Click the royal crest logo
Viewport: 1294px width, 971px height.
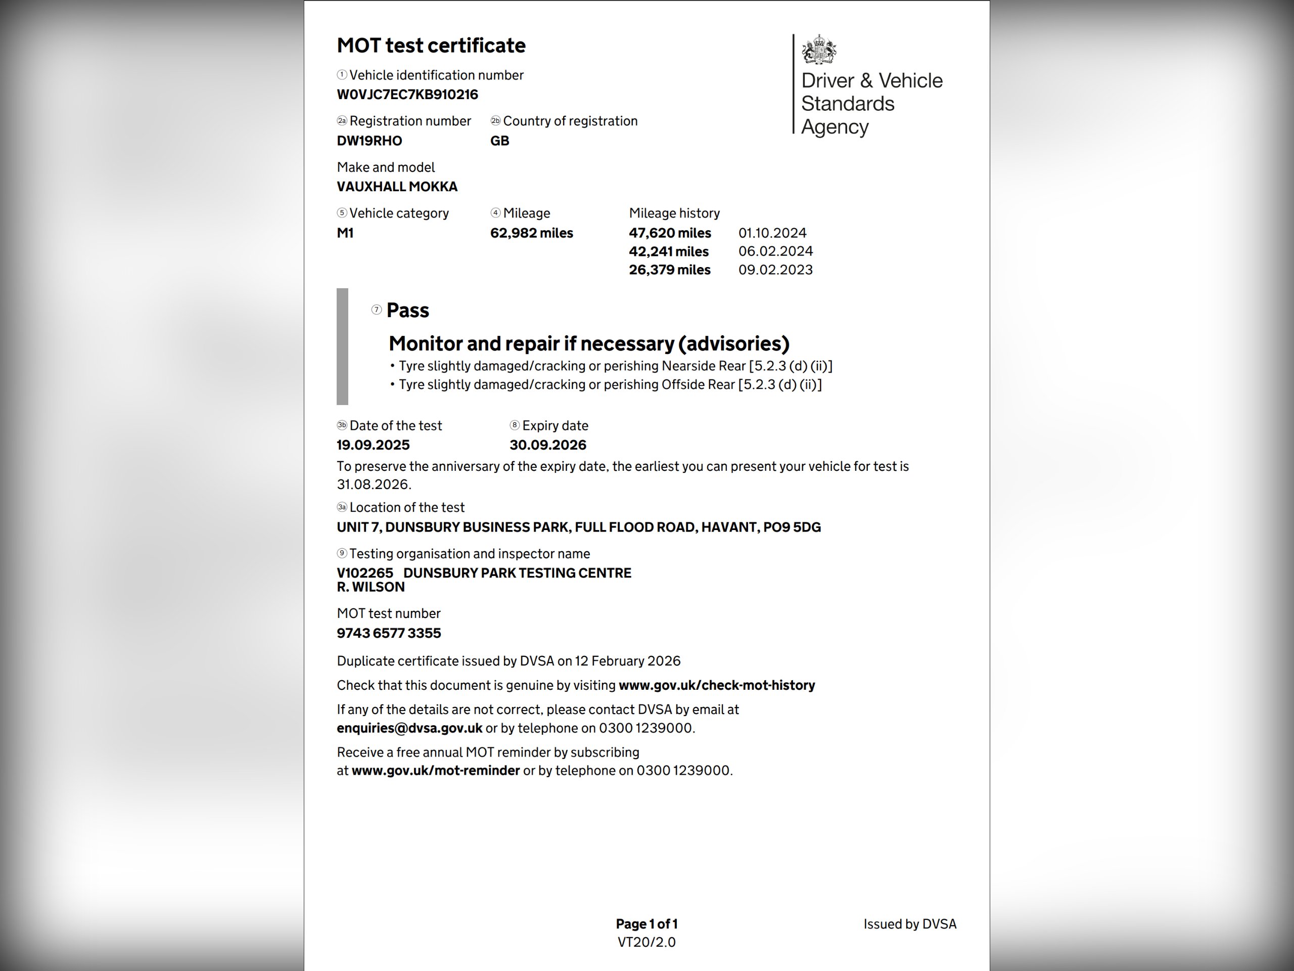[x=818, y=49]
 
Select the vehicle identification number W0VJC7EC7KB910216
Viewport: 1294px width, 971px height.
[x=407, y=95]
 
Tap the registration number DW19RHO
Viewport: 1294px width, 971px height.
[x=369, y=141]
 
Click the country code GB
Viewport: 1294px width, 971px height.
[x=499, y=141]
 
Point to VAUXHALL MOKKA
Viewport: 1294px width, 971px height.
[x=397, y=187]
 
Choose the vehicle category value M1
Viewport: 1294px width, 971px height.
[x=345, y=233]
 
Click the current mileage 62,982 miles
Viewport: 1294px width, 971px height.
[x=531, y=233]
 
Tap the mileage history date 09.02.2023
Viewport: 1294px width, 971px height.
[x=775, y=270]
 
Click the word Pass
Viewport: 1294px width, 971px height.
[x=408, y=310]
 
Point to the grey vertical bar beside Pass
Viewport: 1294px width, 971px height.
[x=342, y=346]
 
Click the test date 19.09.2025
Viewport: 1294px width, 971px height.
[x=373, y=445]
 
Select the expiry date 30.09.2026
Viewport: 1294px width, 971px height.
[x=547, y=445]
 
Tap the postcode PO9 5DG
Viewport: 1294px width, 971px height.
[x=792, y=527]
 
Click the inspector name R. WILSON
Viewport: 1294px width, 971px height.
[x=371, y=587]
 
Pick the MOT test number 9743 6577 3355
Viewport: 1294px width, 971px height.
[x=389, y=633]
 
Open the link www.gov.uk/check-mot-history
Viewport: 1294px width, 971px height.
[x=717, y=685]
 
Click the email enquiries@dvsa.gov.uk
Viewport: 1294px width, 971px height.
[x=409, y=728]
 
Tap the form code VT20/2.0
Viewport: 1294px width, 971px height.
[x=646, y=942]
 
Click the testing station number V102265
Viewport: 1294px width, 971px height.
[x=365, y=573]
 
